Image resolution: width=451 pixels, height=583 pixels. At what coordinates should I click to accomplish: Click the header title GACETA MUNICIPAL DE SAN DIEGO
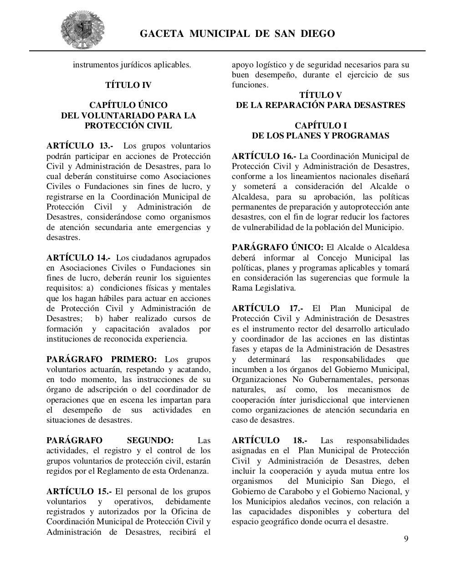237,34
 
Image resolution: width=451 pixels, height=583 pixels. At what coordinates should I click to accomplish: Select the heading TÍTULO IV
128,85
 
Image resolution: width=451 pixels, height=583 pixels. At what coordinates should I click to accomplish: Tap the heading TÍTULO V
320,95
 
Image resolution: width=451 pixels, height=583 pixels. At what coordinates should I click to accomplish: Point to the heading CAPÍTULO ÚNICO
128,105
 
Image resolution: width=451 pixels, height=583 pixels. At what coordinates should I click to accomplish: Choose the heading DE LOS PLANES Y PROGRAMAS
320,136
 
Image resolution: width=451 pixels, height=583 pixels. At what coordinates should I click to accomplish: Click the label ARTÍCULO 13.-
80,146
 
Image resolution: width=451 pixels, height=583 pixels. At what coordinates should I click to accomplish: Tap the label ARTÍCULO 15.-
79,491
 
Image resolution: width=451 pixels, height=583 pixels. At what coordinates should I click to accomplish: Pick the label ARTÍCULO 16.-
264,156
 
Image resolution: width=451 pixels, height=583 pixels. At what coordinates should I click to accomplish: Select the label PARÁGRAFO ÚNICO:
277,247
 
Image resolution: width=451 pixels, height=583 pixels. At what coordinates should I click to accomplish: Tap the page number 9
406,539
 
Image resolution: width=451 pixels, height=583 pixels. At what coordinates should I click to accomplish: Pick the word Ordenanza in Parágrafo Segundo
188,471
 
